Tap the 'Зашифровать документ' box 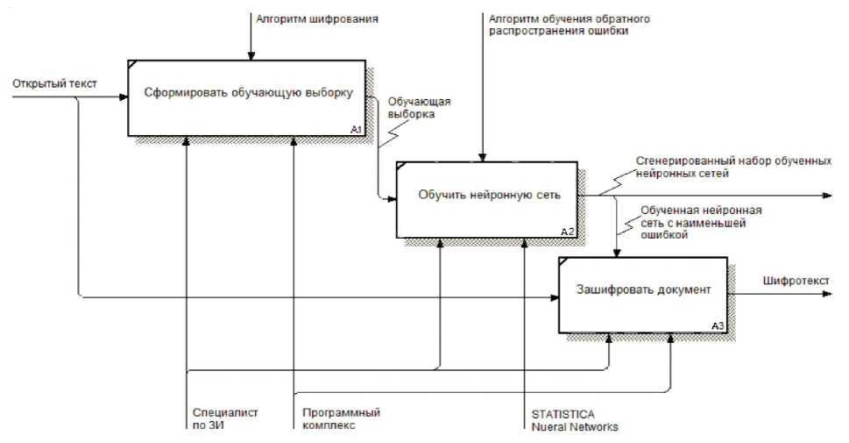(x=642, y=290)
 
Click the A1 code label (x=356, y=130)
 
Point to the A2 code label (x=567, y=232)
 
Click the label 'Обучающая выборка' (x=413, y=108)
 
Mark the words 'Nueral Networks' (x=574, y=427)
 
